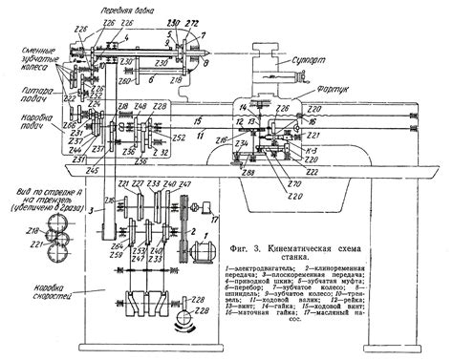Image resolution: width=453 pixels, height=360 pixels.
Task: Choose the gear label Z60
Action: point(125,82)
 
